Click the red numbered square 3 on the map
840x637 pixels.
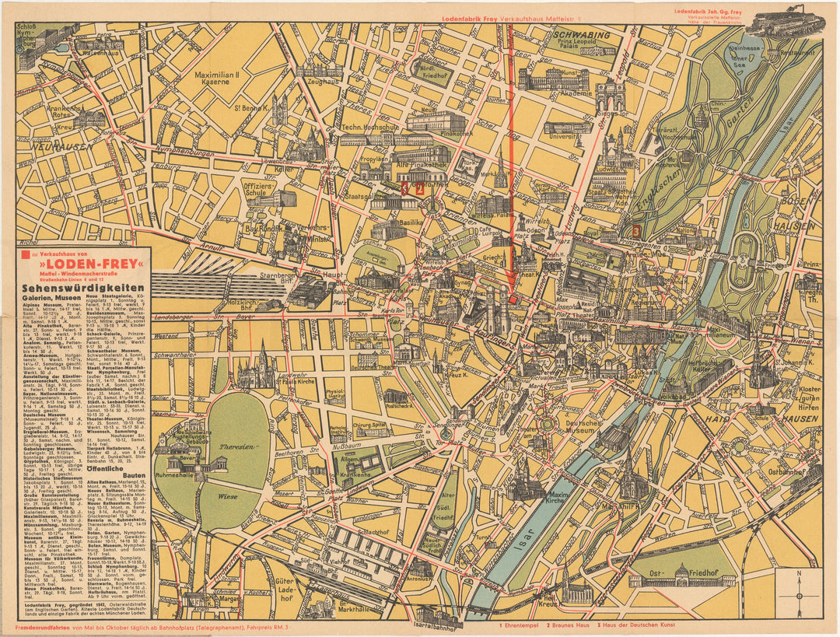636,230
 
